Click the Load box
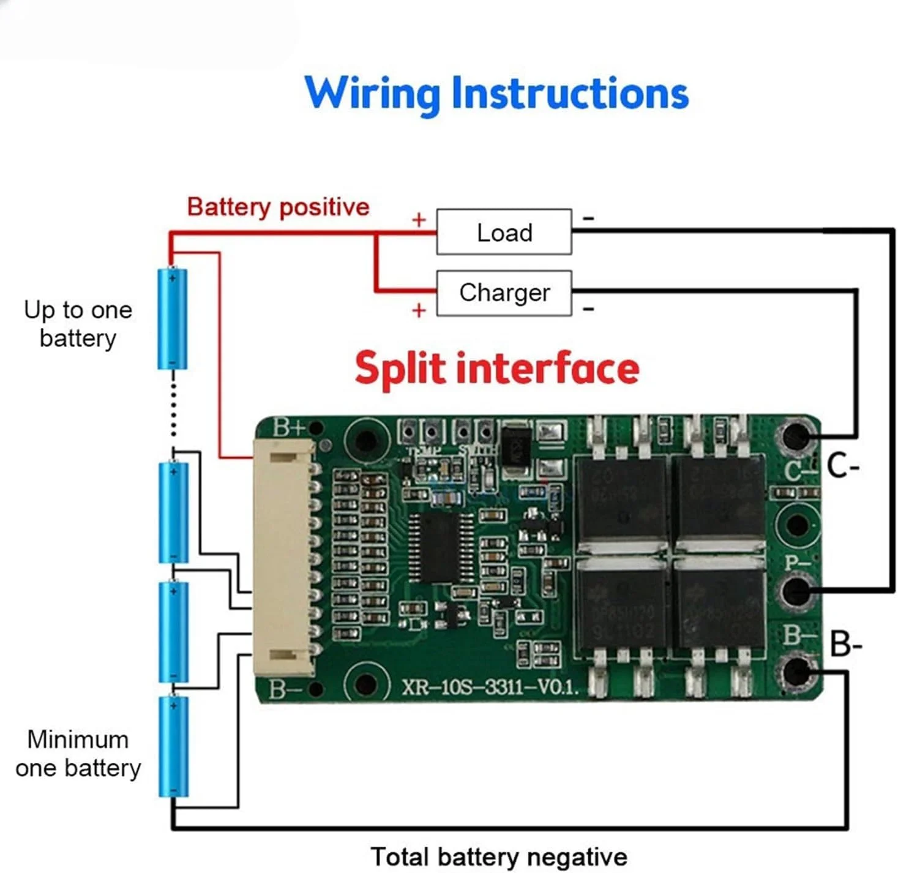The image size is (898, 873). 504,232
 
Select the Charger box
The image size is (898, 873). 504,293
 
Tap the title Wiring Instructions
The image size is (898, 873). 496,93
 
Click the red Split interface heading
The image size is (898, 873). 496,368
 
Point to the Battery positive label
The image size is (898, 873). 278,207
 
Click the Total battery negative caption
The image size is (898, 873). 499,856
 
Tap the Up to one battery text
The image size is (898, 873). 78,324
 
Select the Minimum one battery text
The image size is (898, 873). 78,754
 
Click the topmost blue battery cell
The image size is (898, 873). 173,318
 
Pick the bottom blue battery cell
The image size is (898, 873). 173,746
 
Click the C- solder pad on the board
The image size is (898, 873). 795,436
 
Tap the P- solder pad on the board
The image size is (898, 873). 795,590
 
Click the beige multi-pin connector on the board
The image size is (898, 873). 285,558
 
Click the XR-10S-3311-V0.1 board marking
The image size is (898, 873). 490,687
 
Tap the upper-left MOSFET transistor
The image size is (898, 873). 621,496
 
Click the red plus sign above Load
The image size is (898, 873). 419,220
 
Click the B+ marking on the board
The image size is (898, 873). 288,427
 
